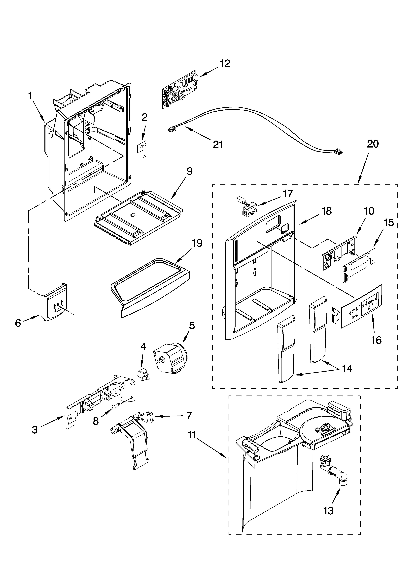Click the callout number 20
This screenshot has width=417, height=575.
[373, 144]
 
